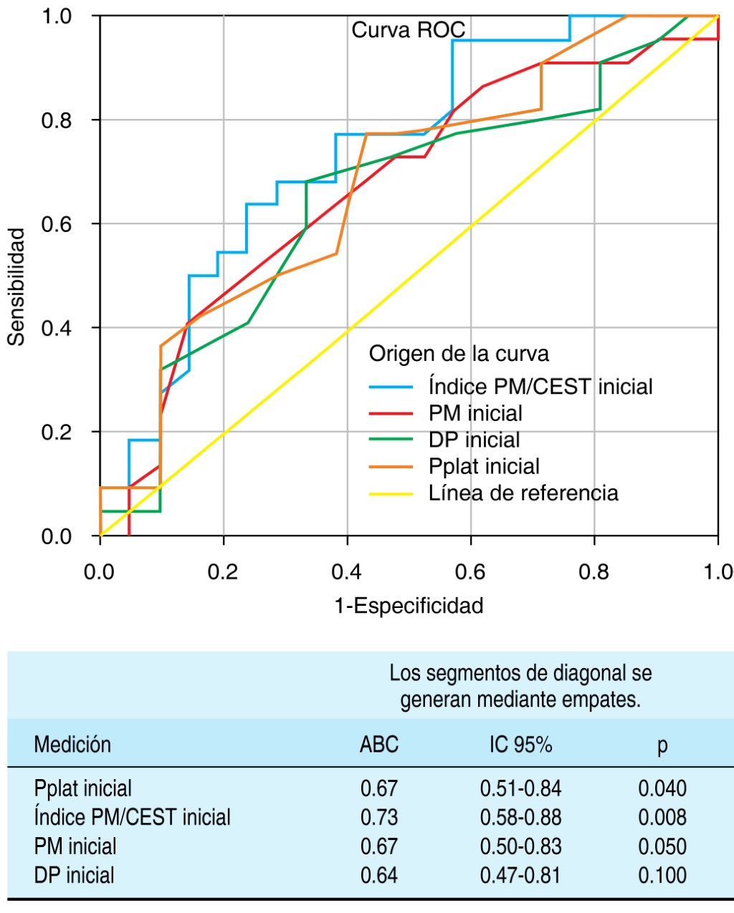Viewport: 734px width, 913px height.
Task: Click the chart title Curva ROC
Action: pyautogui.click(x=408, y=30)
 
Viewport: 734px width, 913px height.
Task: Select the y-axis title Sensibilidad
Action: pyautogui.click(x=16, y=286)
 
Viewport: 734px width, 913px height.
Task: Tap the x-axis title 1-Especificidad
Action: pyautogui.click(x=409, y=606)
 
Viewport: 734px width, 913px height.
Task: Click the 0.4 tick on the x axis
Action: pyautogui.click(x=347, y=571)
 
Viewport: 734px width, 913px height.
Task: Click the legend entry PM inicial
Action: pyautogui.click(x=475, y=413)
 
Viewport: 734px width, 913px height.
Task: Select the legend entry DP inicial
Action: pyautogui.click(x=474, y=440)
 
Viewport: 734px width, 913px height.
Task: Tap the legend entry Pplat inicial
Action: pyautogui.click(x=484, y=467)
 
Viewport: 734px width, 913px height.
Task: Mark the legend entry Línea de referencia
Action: pyautogui.click(x=523, y=493)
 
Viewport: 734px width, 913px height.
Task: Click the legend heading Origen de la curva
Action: pyautogui.click(x=459, y=354)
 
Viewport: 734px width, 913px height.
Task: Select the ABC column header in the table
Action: pyautogui.click(x=379, y=745)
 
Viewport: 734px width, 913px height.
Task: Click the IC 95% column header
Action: pyautogui.click(x=521, y=745)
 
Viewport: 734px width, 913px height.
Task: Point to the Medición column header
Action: pyautogui.click(x=72, y=745)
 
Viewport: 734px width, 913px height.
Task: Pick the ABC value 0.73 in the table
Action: pyautogui.click(x=379, y=818)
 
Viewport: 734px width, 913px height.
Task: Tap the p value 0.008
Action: pyautogui.click(x=662, y=818)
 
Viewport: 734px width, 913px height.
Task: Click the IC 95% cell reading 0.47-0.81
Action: pyautogui.click(x=521, y=876)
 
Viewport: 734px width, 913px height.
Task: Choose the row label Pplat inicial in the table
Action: pyautogui.click(x=83, y=789)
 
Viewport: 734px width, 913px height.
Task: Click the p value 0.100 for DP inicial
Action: pyautogui.click(x=662, y=876)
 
